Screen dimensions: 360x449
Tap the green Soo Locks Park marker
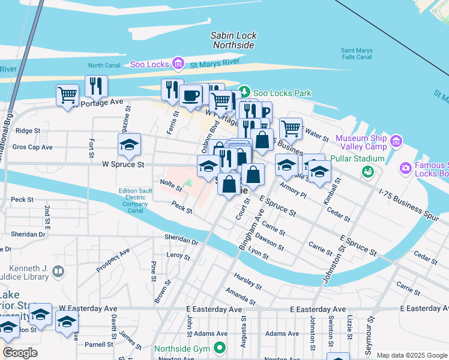point(244,92)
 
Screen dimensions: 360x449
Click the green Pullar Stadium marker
point(367,172)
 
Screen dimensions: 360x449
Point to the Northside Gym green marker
point(220,347)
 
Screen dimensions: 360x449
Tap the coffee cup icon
point(191,95)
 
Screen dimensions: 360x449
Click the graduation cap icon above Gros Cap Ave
point(129,145)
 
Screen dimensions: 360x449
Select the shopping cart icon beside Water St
point(291,127)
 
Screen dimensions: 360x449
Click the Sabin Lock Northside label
point(233,40)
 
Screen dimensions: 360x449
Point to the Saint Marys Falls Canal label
point(357,54)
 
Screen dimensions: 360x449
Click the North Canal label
point(104,65)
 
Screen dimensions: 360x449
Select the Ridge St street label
point(28,130)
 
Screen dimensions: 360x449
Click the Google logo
point(20,353)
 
